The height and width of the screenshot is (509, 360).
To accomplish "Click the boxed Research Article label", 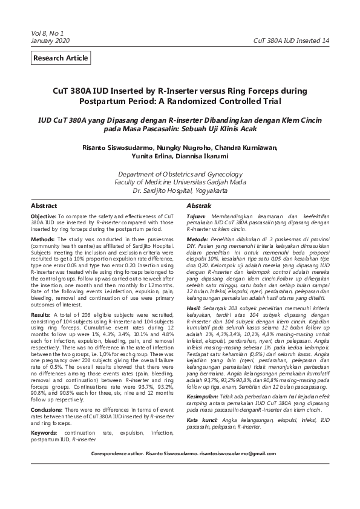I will point(61,58).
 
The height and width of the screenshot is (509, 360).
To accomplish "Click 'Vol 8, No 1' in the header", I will point(47,33).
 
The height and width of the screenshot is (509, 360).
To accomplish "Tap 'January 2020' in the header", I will point(51,40).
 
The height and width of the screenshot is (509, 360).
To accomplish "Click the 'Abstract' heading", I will point(44,206).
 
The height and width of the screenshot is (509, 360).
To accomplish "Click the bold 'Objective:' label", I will point(44,216).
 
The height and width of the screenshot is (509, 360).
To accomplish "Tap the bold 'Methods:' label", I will point(42,239).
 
